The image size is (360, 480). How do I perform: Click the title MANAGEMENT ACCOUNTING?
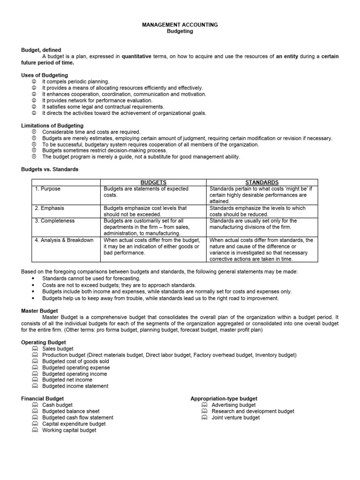click(x=180, y=24)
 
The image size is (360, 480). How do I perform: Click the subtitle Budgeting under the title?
click(x=180, y=31)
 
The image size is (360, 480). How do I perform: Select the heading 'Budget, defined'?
click(x=41, y=50)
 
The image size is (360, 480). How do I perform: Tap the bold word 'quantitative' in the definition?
click(x=136, y=56)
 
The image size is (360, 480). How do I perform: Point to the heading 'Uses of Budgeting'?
click(x=45, y=75)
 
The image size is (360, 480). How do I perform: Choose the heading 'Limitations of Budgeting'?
click(x=52, y=126)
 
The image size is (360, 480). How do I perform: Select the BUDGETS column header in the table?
click(x=154, y=182)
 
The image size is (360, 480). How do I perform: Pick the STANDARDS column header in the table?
click(x=262, y=182)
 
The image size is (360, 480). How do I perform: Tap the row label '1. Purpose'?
click(x=47, y=189)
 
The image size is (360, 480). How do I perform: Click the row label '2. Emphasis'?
click(x=49, y=208)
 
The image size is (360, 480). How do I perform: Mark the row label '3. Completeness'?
click(x=54, y=221)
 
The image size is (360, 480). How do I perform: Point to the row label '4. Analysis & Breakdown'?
click(x=64, y=240)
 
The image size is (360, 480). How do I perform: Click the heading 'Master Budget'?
click(x=40, y=311)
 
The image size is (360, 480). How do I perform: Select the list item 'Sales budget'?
click(x=58, y=349)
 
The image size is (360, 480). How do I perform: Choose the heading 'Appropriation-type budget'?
click(x=224, y=398)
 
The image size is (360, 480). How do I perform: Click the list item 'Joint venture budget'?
click(x=235, y=418)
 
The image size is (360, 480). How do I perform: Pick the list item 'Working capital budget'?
click(x=69, y=430)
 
